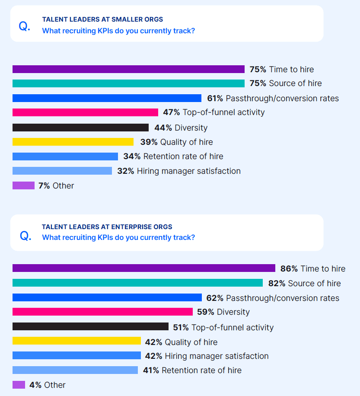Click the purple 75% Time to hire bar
coord(128,69)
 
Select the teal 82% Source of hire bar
coord(137,283)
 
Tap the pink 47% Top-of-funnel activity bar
coord(85,112)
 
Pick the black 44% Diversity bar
coord(80,128)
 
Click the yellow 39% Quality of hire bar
coord(73,142)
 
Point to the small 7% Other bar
coord(23,185)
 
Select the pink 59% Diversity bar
coord(102,312)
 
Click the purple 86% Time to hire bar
coord(143,268)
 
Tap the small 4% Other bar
coord(19,385)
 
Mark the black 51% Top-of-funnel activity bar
coord(90,327)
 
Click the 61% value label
coord(215,98)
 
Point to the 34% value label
coord(132,156)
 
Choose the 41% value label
coord(151,370)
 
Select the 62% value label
coord(215,298)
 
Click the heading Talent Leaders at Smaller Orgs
coord(102,19)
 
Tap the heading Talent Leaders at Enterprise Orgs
coord(107,227)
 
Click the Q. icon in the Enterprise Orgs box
coord(25,236)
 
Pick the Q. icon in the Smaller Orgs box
coord(25,26)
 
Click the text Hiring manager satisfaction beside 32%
coord(188,171)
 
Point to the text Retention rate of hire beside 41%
coord(201,370)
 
